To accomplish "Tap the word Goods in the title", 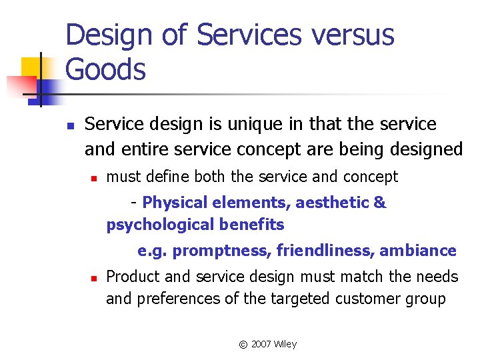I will pos(106,69).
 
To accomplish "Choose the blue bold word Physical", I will pos(175,203).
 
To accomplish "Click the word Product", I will pos(132,277).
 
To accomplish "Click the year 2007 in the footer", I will pos(262,344).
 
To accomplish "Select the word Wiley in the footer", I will pos(286,344).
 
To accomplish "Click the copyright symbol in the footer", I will pos(243,345).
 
